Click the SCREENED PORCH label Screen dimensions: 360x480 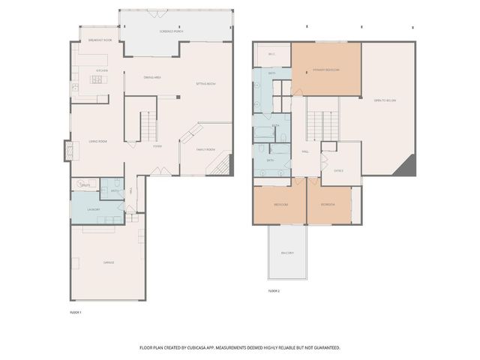172,31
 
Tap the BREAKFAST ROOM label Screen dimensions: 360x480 100,39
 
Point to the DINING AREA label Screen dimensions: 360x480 153,77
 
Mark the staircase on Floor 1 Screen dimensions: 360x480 150,124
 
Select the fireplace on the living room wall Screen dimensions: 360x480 70,151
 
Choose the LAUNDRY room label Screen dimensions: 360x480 94,210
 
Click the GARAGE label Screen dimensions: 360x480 108,262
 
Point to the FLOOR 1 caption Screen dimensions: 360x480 75,311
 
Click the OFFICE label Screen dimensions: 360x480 338,170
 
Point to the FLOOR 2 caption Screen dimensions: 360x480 274,290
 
